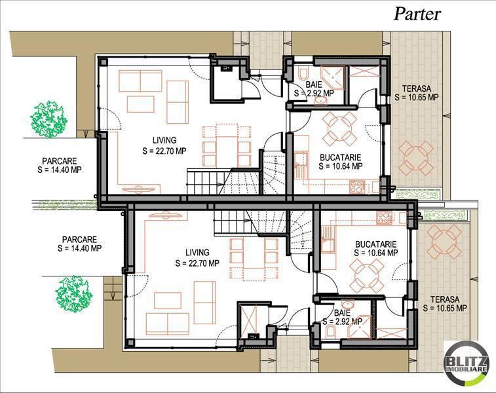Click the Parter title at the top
click(417, 14)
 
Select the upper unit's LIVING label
click(164, 140)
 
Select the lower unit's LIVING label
click(197, 253)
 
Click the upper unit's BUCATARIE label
click(340, 157)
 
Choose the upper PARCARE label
click(60, 160)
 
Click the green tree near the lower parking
click(73, 292)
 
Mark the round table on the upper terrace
click(415, 157)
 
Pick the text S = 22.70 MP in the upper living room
click(164, 150)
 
